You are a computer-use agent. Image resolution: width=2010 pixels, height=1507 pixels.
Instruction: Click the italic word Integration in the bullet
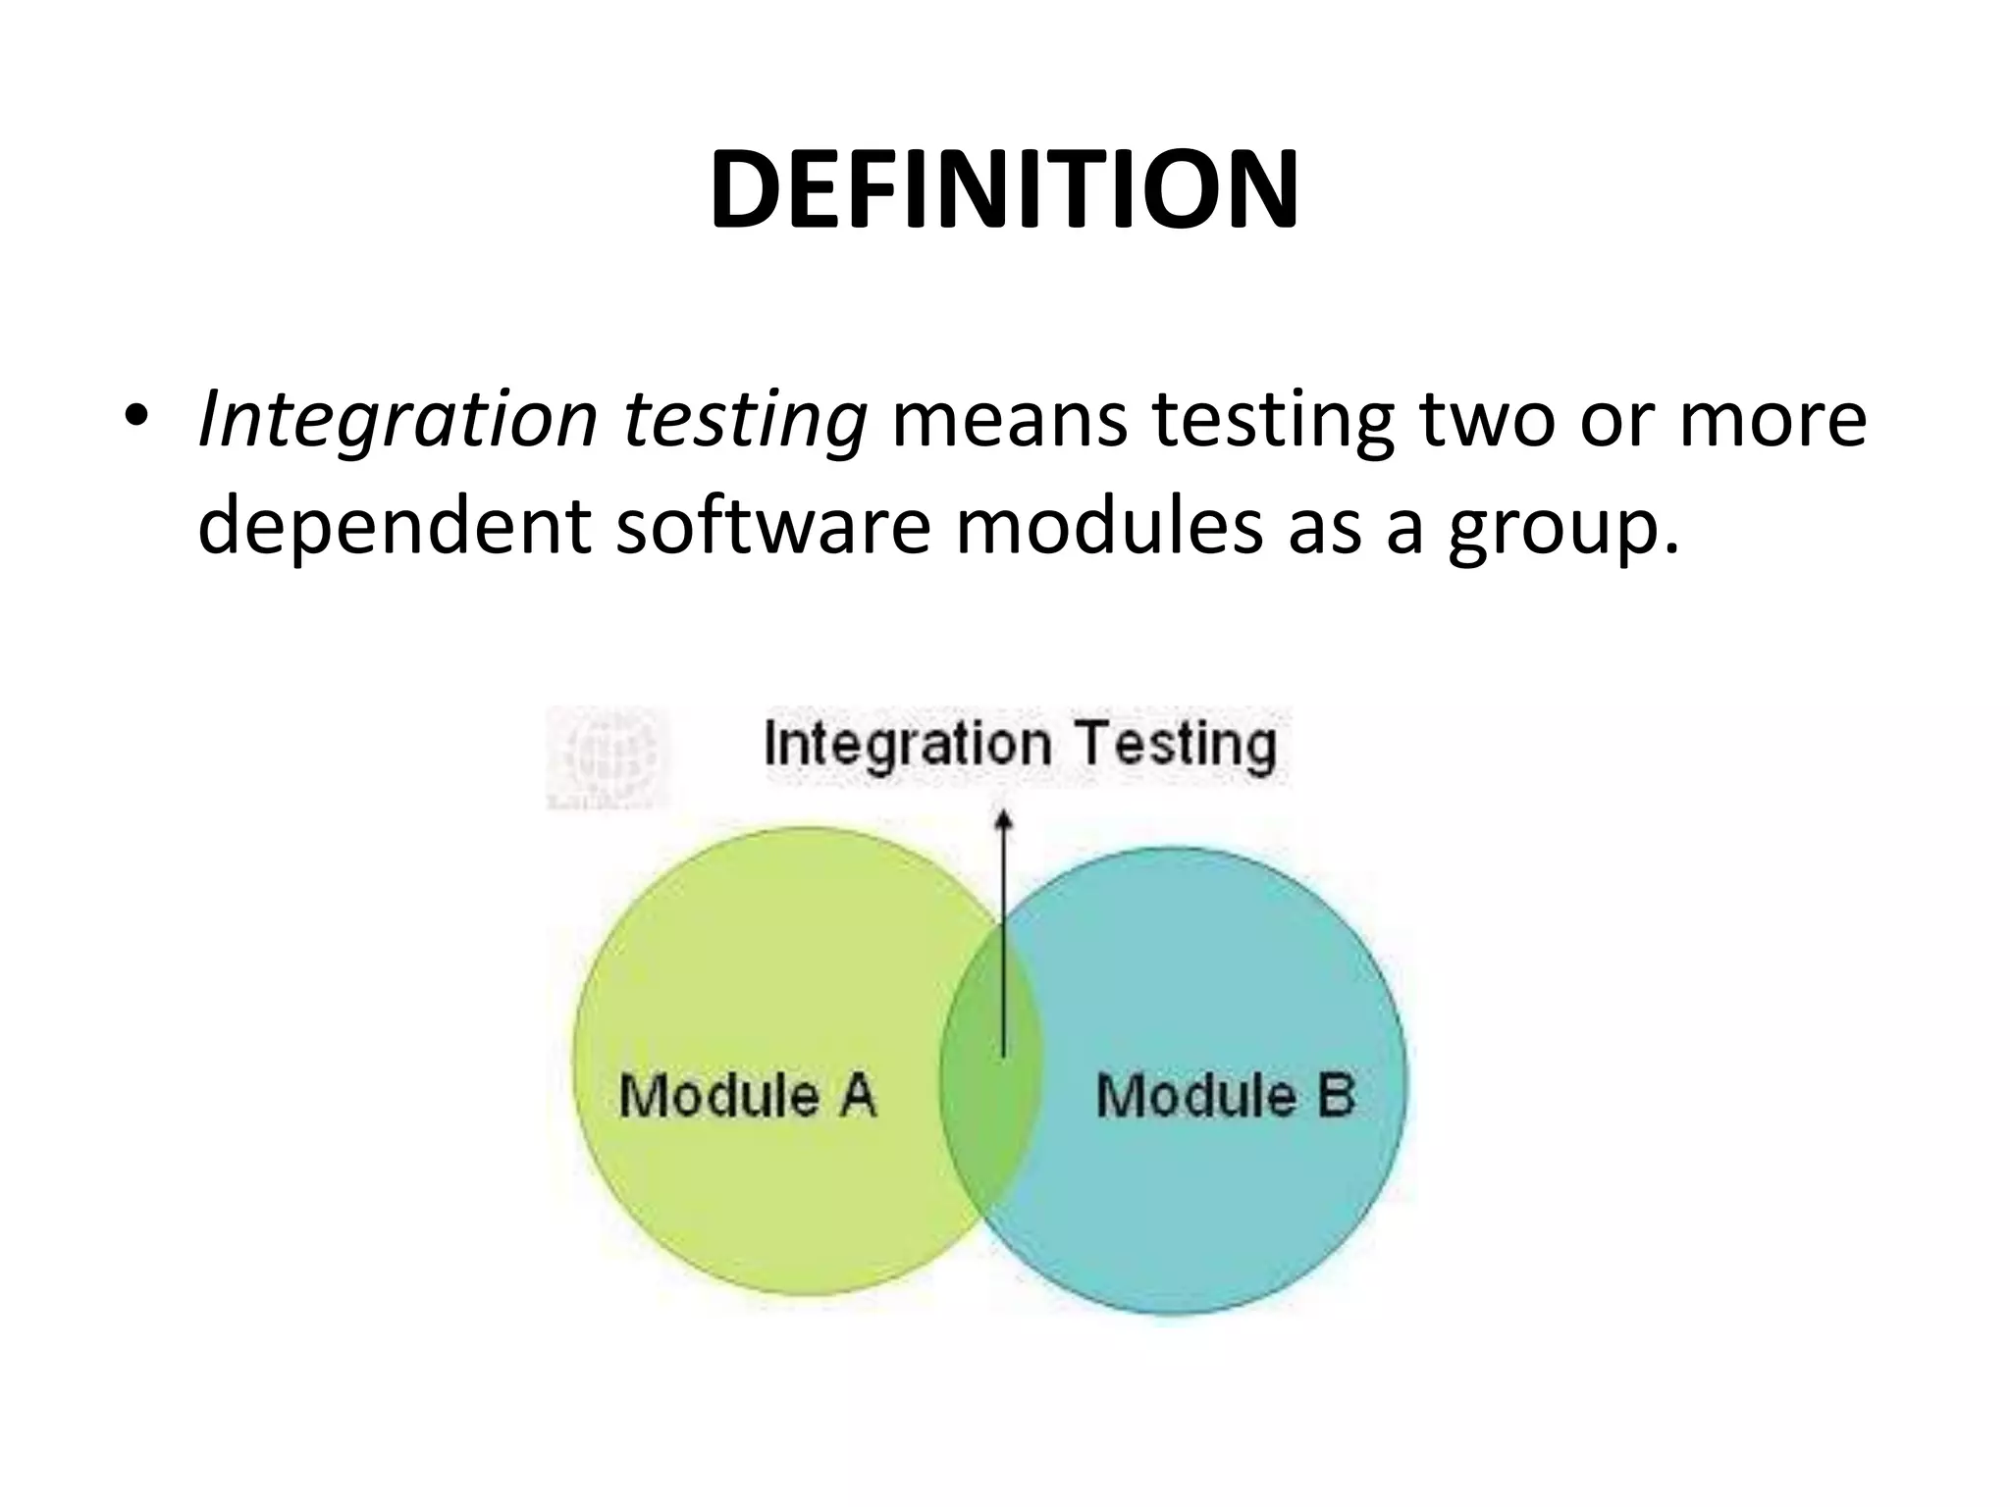pos(398,422)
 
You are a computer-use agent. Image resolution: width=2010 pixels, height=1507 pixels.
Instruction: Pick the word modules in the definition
pos(1109,527)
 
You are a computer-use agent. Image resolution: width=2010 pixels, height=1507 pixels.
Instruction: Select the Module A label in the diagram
pos(747,1095)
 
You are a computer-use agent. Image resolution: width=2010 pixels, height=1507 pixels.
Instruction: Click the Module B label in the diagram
pos(1225,1095)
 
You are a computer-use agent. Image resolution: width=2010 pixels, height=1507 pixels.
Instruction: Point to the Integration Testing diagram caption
pos(1020,744)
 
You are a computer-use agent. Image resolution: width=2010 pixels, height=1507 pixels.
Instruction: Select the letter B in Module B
pos(1336,1095)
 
